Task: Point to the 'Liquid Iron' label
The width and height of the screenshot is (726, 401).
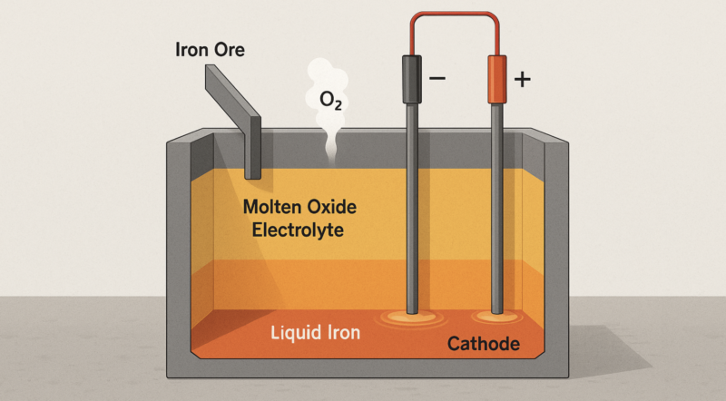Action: coord(315,333)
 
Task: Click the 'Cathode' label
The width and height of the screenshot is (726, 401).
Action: coord(484,344)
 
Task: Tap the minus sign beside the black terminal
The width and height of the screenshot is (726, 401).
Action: coord(437,78)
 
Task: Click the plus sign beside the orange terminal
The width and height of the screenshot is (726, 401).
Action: coord(522,79)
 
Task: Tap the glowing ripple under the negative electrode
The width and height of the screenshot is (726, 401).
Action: coord(411,318)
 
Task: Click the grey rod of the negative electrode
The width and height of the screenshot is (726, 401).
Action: coord(412,209)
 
